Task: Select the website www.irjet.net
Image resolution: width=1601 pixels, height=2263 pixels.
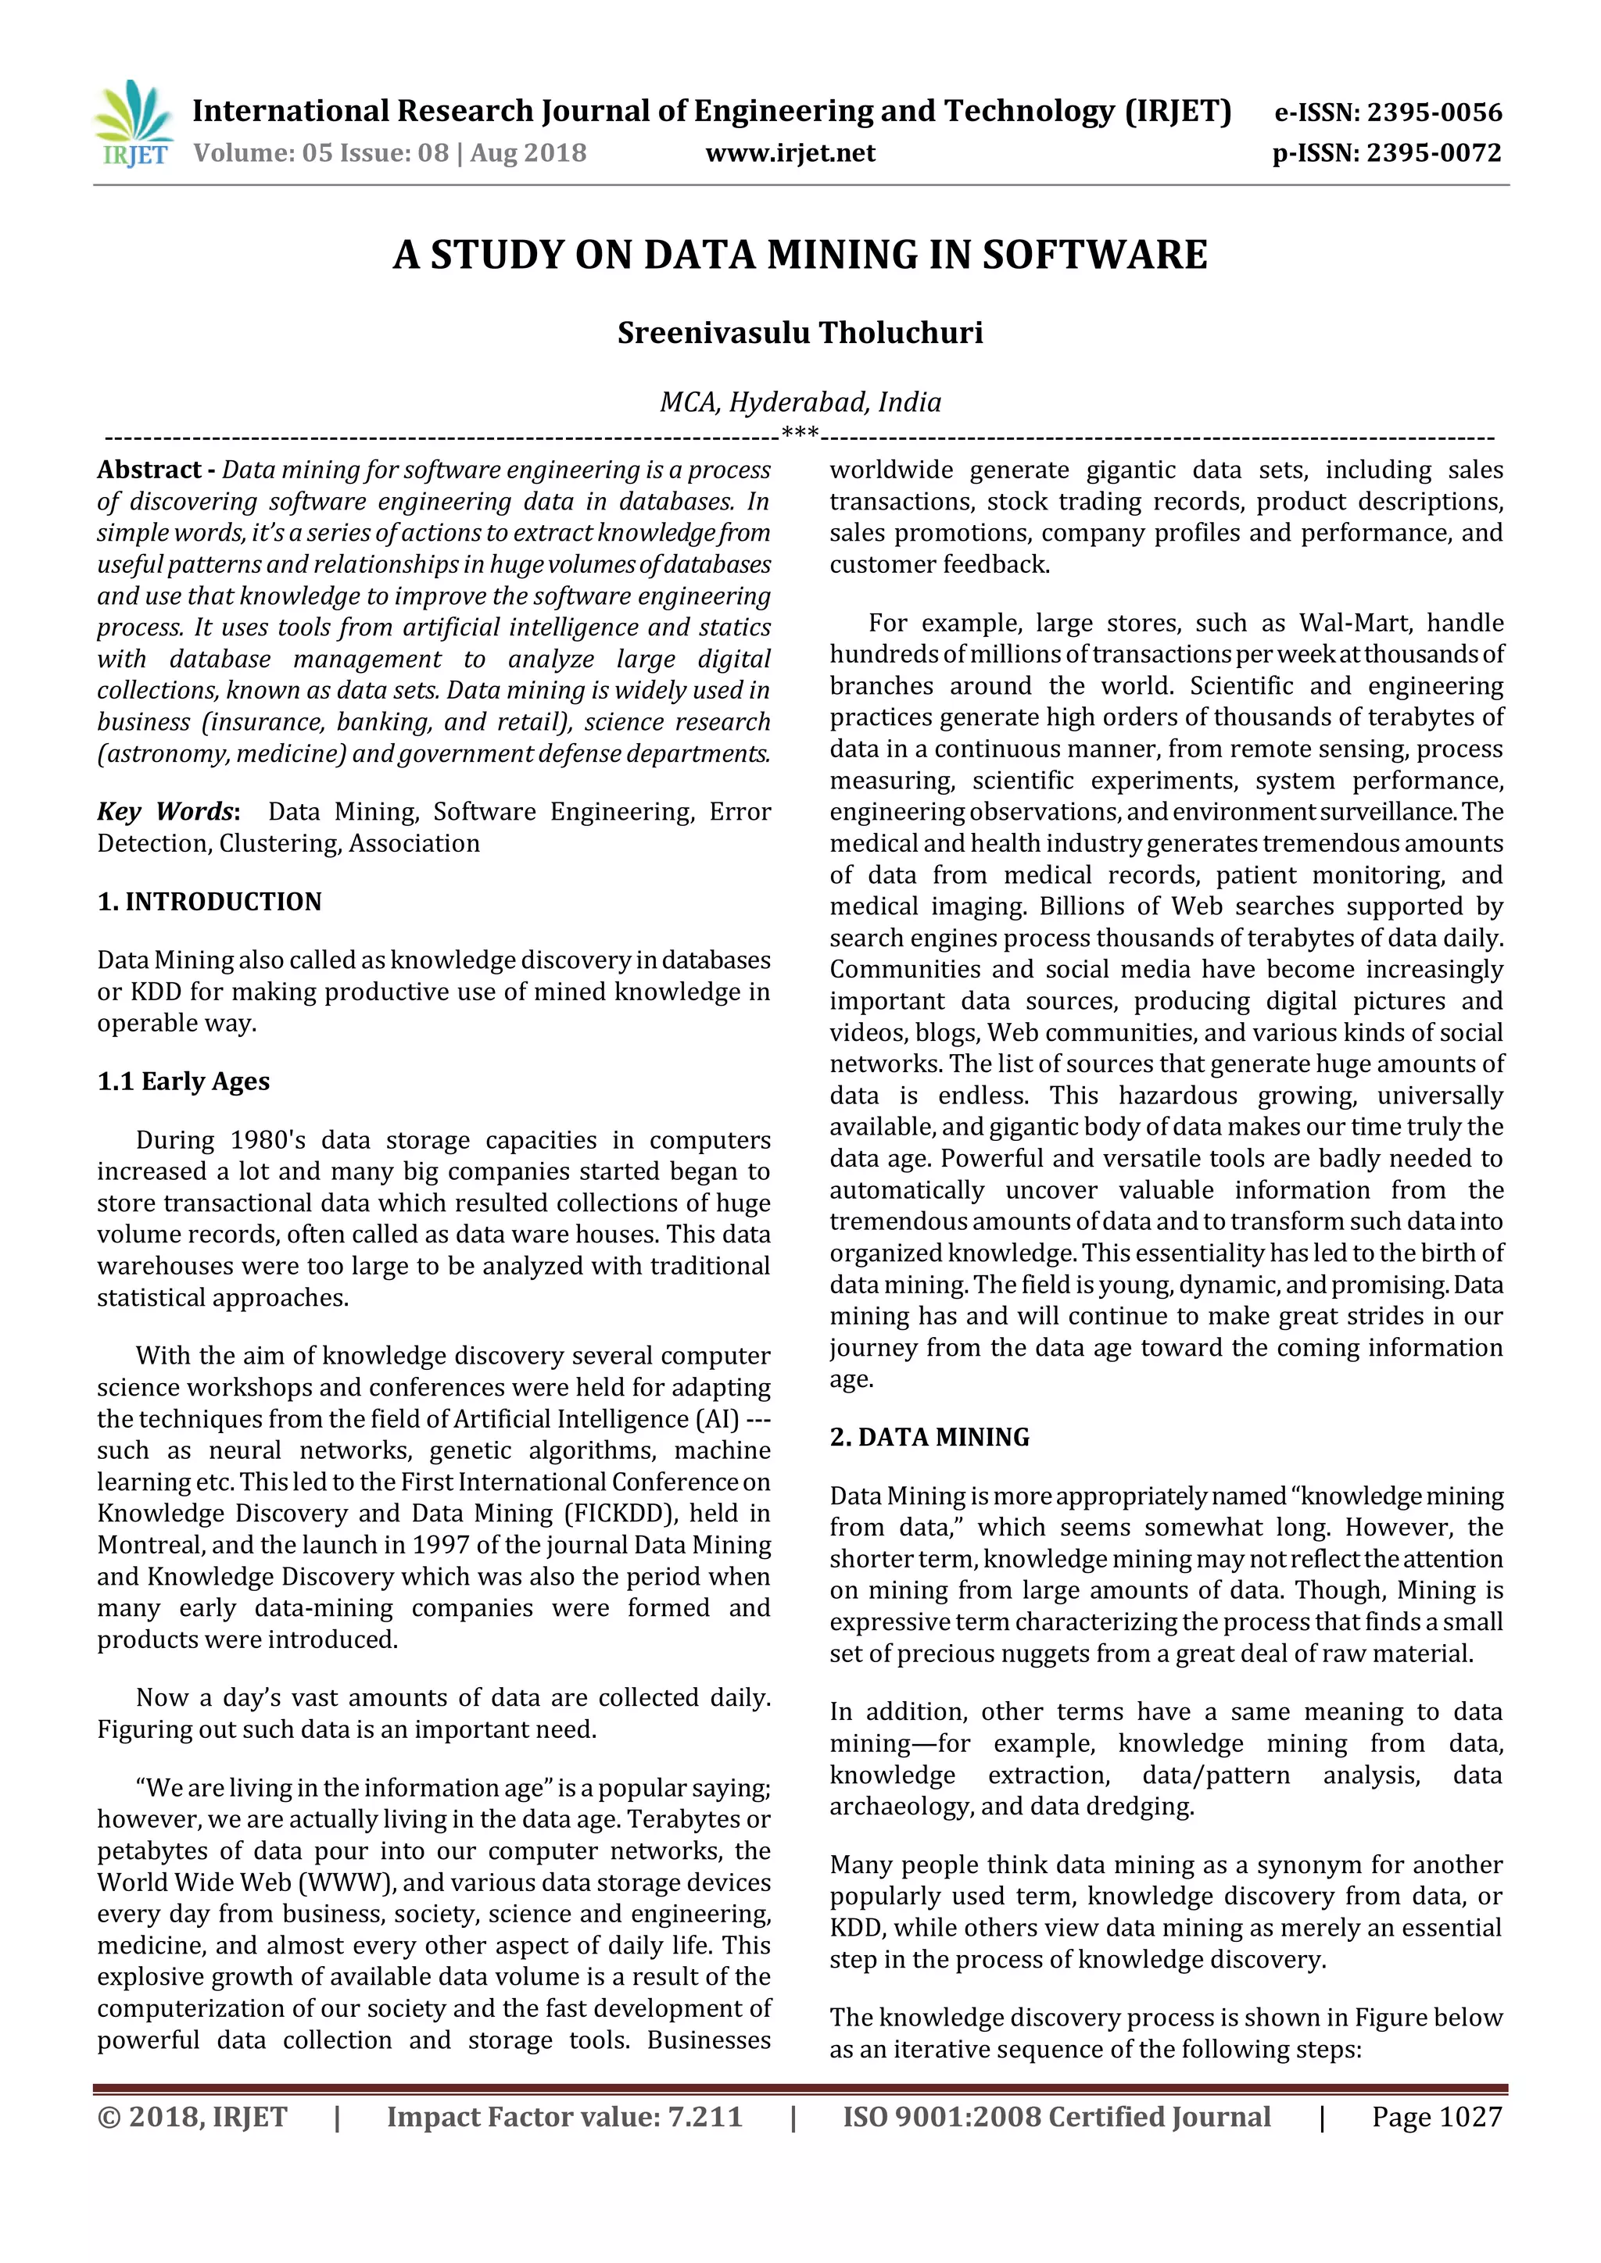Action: coord(790,154)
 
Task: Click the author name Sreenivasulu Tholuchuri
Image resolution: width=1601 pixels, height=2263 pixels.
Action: coord(800,333)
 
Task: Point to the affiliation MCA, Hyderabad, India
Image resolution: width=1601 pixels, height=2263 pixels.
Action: coord(800,402)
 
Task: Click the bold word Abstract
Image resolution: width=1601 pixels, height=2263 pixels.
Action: coord(149,470)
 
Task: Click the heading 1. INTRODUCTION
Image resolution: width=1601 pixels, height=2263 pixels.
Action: coord(209,902)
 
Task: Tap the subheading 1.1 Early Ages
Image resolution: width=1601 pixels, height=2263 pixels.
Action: coord(184,1082)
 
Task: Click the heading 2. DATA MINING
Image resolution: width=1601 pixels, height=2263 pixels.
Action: coord(929,1438)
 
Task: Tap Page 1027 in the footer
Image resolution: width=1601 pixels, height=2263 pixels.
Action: coord(1436,2117)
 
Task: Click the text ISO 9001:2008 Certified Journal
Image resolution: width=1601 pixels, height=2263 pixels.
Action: coord(1056,2117)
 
